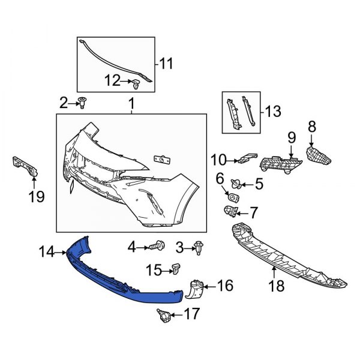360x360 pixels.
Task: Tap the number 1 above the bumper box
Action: pos(131,105)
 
